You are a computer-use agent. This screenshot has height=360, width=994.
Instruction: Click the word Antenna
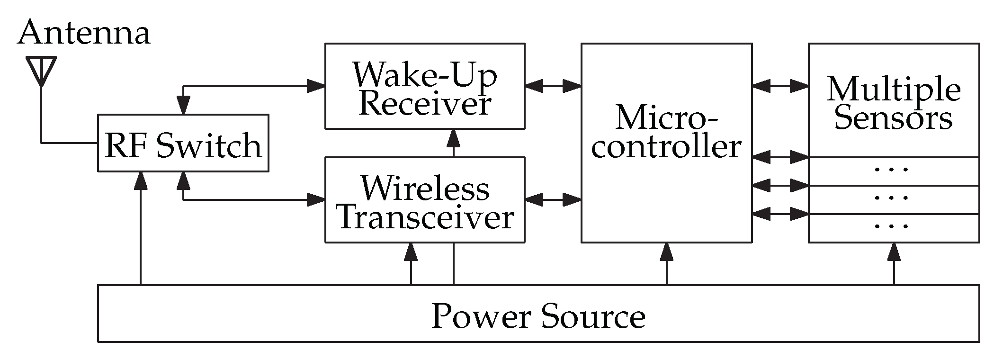pyautogui.click(x=84, y=32)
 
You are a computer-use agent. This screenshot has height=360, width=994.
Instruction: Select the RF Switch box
pyautogui.click(x=183, y=143)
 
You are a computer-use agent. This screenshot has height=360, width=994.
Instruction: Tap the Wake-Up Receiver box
pyautogui.click(x=424, y=86)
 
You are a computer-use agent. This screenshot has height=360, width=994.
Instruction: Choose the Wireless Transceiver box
pyautogui.click(x=424, y=200)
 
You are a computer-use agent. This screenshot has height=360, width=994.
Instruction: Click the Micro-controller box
pyautogui.click(x=666, y=142)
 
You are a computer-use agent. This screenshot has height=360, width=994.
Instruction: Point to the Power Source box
pyautogui.click(x=538, y=314)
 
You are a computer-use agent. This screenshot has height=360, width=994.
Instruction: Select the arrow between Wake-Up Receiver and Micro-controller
pyautogui.click(x=553, y=86)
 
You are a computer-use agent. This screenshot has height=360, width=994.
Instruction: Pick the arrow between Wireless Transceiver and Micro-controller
pyautogui.click(x=553, y=200)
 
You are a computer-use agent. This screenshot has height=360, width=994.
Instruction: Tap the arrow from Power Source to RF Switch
pyautogui.click(x=140, y=227)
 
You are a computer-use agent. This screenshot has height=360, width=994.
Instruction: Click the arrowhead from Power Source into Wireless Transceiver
pyautogui.click(x=411, y=252)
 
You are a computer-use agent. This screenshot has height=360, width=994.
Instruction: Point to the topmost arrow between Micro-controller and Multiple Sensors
pyautogui.click(x=780, y=86)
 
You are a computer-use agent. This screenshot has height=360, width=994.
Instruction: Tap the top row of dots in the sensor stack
pyautogui.click(x=891, y=170)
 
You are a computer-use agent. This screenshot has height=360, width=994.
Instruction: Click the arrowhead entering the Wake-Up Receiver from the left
pyautogui.click(x=315, y=86)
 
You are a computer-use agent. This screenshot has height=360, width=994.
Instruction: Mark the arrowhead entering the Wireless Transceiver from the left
pyautogui.click(x=315, y=200)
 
